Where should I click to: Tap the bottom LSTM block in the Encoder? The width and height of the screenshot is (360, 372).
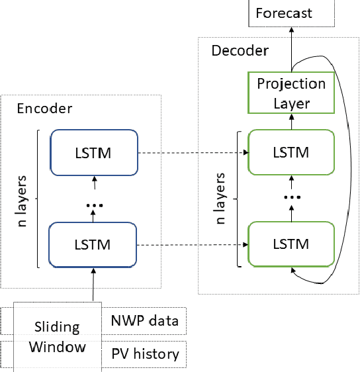(93, 244)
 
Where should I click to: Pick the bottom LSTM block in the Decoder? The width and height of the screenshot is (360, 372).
(291, 244)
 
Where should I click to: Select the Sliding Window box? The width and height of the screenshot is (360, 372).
(58, 337)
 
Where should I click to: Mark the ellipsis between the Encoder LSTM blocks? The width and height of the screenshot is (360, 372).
(93, 205)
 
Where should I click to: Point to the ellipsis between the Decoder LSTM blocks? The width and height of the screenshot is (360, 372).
(291, 197)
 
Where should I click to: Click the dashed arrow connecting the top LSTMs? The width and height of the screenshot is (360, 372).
(191, 154)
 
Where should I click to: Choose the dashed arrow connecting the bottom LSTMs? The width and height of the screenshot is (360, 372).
(191, 244)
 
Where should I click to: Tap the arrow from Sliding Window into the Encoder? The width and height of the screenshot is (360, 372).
(93, 285)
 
